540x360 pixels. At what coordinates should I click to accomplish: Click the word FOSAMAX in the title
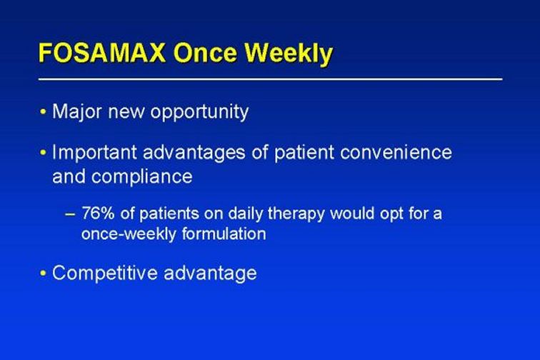click(x=101, y=53)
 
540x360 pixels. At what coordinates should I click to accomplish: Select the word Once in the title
click(x=206, y=53)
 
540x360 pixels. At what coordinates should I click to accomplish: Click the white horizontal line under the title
click(x=270, y=79)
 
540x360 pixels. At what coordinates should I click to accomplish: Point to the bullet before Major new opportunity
click(x=43, y=111)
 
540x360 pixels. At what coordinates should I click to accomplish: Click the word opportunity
click(x=199, y=112)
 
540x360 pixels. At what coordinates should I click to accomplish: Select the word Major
click(x=77, y=112)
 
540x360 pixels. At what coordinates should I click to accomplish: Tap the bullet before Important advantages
click(x=43, y=152)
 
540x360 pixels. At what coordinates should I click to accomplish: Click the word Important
click(x=94, y=153)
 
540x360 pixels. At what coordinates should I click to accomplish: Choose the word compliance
click(x=142, y=177)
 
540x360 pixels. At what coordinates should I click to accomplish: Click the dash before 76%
click(x=70, y=214)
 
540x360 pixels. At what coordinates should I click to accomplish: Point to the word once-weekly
click(x=129, y=234)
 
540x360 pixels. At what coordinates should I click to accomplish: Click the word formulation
click(x=224, y=234)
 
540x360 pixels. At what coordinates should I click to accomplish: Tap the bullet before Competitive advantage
click(x=43, y=274)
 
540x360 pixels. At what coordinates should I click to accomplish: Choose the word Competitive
click(x=105, y=274)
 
